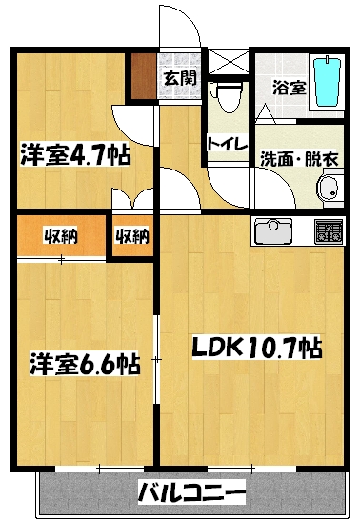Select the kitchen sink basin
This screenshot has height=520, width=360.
click(272, 230)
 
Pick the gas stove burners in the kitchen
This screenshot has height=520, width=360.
click(329, 230)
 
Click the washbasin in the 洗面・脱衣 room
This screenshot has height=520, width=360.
click(329, 188)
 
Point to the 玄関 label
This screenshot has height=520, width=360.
click(181, 79)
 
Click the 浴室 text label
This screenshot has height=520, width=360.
click(290, 88)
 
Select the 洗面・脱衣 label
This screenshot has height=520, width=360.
click(299, 158)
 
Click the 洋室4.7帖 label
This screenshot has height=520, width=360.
click(75, 153)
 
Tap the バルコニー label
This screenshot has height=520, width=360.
click(191, 491)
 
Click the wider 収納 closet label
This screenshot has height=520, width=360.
click(60, 236)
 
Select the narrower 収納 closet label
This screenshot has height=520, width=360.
click(132, 236)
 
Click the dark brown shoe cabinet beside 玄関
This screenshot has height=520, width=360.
click(143, 76)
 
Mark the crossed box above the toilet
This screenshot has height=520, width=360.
click(228, 61)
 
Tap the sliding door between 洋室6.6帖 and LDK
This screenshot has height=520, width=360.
click(157, 359)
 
